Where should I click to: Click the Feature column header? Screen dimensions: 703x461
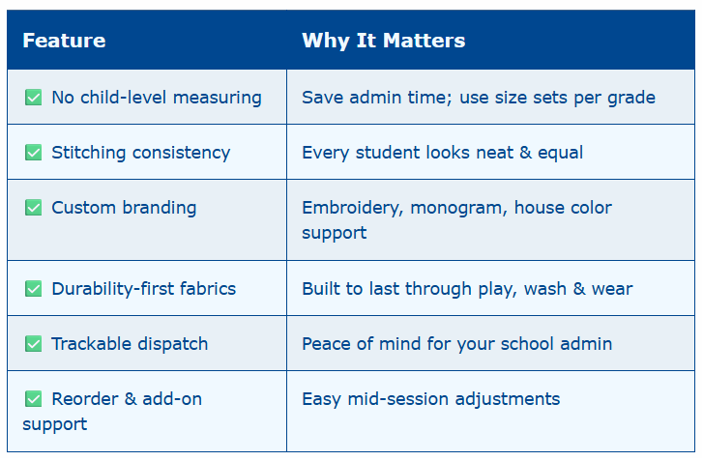(64, 41)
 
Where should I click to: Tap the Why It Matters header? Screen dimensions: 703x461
(383, 41)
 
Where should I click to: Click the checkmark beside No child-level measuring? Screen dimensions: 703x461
(33, 98)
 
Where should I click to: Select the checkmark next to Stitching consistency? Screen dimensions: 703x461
(33, 153)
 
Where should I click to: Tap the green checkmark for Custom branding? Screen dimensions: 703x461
(33, 208)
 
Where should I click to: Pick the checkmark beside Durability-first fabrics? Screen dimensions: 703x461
(33, 289)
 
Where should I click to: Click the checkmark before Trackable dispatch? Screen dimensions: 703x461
(33, 344)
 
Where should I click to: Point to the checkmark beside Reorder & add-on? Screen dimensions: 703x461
(33, 399)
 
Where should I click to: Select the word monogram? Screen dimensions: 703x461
(458, 209)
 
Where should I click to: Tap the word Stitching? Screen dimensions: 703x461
(88, 154)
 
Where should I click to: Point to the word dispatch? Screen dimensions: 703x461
(173, 344)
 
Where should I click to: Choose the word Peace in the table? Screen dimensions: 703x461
(326, 344)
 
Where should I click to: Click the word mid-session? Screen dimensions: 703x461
(397, 399)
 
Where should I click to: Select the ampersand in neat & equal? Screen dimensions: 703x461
(525, 153)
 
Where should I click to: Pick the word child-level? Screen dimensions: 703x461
(124, 98)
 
